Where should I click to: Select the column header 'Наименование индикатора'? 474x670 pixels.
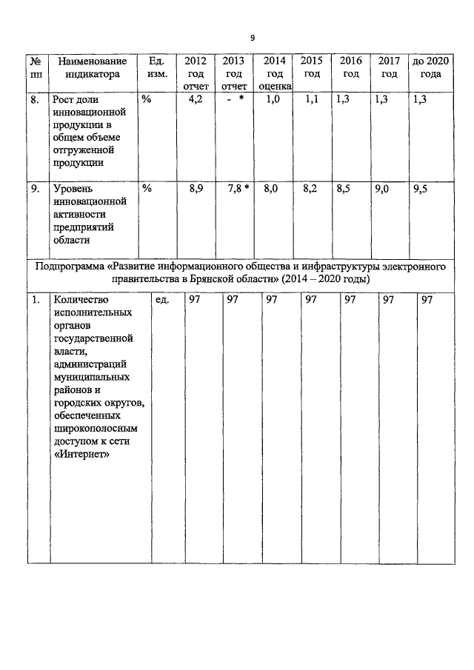click(92, 67)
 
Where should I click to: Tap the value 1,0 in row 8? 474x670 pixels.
click(272, 100)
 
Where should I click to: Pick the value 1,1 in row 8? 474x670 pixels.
click(311, 100)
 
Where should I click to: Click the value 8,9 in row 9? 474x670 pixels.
click(196, 190)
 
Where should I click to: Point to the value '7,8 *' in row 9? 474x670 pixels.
click(237, 190)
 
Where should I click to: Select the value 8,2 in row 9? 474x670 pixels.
click(310, 190)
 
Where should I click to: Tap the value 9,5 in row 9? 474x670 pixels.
click(420, 190)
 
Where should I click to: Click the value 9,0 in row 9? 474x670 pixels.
click(383, 190)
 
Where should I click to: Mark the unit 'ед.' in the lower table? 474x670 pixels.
click(162, 300)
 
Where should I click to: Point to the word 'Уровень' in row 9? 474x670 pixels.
click(72, 190)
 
